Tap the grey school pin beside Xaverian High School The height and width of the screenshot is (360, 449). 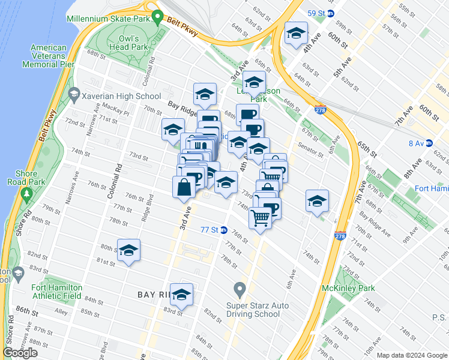(74, 94)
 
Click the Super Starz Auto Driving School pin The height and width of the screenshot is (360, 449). (240, 291)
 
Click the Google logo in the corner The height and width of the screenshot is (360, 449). (20, 353)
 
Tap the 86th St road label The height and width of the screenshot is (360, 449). (26, 312)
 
